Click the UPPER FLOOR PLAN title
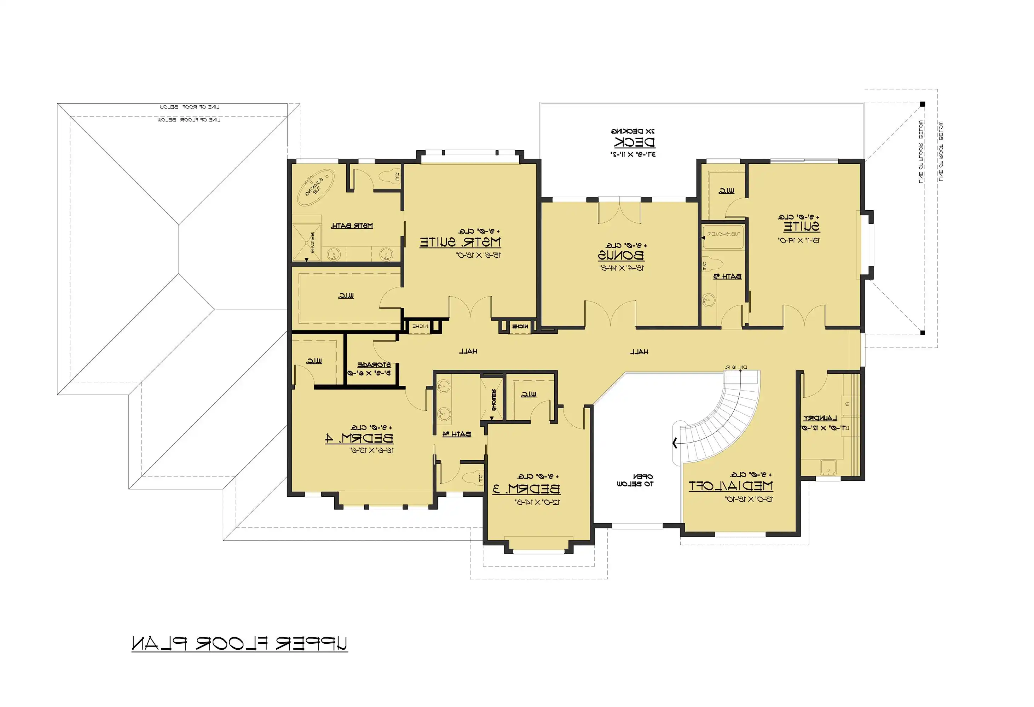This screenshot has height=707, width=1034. (x=239, y=643)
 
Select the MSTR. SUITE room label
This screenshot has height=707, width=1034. (x=460, y=243)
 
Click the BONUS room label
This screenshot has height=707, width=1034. (x=621, y=256)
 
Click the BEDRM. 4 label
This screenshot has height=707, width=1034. (x=359, y=438)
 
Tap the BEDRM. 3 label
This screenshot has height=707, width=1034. (x=526, y=490)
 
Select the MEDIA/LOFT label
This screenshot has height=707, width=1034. (x=730, y=486)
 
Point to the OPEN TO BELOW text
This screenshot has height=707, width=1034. (x=635, y=480)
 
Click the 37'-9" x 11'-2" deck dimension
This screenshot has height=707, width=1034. (x=633, y=154)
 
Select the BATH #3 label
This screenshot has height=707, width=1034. (x=727, y=276)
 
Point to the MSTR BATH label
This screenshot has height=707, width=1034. (x=352, y=226)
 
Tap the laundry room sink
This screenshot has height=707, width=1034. (x=828, y=467)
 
